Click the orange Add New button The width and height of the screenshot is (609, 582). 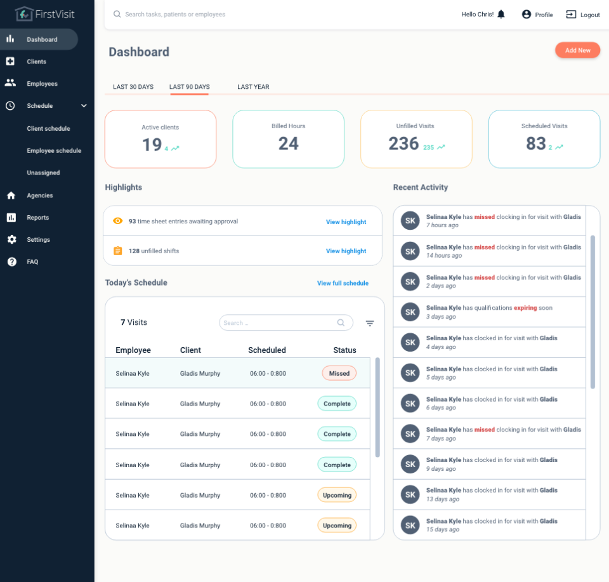[x=577, y=50]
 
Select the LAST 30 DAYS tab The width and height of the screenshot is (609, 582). [x=133, y=87]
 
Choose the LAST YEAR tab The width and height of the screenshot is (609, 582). [x=253, y=87]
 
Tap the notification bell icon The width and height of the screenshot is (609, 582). [x=501, y=14]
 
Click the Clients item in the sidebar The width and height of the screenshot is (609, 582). [x=36, y=62]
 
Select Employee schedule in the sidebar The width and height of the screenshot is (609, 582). [x=54, y=151]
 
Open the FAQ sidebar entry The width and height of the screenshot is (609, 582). [x=32, y=261]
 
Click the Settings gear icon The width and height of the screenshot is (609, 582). [x=11, y=239]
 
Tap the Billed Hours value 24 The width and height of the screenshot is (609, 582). [x=288, y=144]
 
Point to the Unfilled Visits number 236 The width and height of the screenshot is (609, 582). [x=403, y=144]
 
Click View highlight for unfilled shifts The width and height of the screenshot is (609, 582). [x=346, y=251]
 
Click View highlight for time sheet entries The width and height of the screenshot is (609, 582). [x=346, y=222]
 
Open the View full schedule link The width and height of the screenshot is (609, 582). [x=343, y=283]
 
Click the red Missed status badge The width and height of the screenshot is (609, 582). [x=339, y=373]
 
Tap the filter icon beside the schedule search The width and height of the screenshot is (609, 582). [x=370, y=323]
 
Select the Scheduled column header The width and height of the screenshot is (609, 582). [x=266, y=350]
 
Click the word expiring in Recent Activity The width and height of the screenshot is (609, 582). [x=525, y=308]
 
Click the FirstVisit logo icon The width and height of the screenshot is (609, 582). [x=24, y=13]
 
